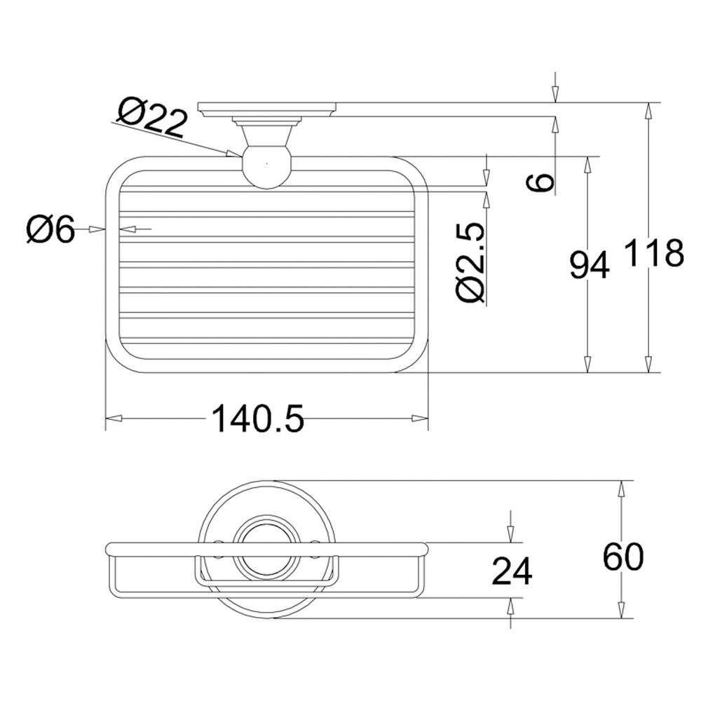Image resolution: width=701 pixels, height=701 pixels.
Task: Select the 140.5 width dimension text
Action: [257, 418]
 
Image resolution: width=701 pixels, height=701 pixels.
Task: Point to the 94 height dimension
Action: [590, 265]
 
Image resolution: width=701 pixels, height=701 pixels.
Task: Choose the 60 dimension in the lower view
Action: [623, 557]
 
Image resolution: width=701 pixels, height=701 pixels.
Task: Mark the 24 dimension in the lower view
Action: [512, 571]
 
